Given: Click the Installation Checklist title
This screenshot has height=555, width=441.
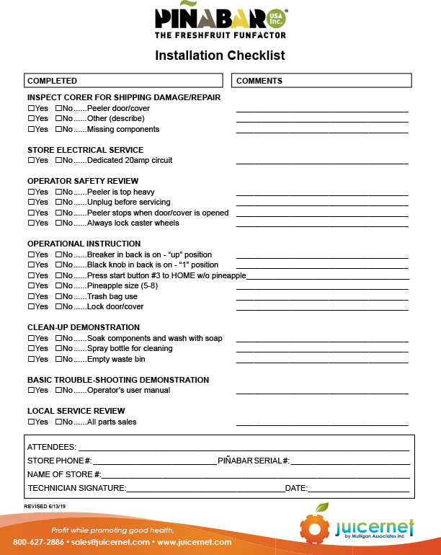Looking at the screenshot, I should coord(220,55).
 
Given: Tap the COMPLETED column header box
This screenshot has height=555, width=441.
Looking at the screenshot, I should coord(124,81).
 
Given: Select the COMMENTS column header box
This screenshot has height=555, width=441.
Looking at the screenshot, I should coord(321,81).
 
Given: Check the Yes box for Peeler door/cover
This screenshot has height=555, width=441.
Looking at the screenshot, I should coord(31,108).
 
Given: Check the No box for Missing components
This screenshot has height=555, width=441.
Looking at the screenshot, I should coord(58,129).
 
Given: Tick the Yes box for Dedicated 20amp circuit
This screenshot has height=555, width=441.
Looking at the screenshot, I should coord(31,160).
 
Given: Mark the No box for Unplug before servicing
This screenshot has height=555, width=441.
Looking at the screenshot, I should coord(58,203).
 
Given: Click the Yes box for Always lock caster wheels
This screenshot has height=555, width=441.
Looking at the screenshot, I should coord(31,223).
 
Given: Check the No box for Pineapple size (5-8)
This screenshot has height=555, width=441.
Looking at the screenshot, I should coord(58,286).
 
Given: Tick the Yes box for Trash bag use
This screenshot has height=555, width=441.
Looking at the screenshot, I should coord(31,296).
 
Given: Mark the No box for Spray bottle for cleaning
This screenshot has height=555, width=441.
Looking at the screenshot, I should coord(58,349).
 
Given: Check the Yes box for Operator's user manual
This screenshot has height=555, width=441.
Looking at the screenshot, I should coord(31,391).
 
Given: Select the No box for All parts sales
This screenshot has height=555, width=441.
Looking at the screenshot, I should coord(58,422).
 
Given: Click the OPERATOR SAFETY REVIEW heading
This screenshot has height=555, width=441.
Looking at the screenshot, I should coord(83,181).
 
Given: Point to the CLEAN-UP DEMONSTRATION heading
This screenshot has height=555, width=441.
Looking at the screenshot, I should coord(84,327).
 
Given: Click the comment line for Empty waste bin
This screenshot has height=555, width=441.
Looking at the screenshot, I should coord(322,361).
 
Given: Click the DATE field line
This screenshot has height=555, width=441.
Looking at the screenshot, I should coord(359,492).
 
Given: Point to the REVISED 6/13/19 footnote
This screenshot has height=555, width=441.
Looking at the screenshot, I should coord(45,507).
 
